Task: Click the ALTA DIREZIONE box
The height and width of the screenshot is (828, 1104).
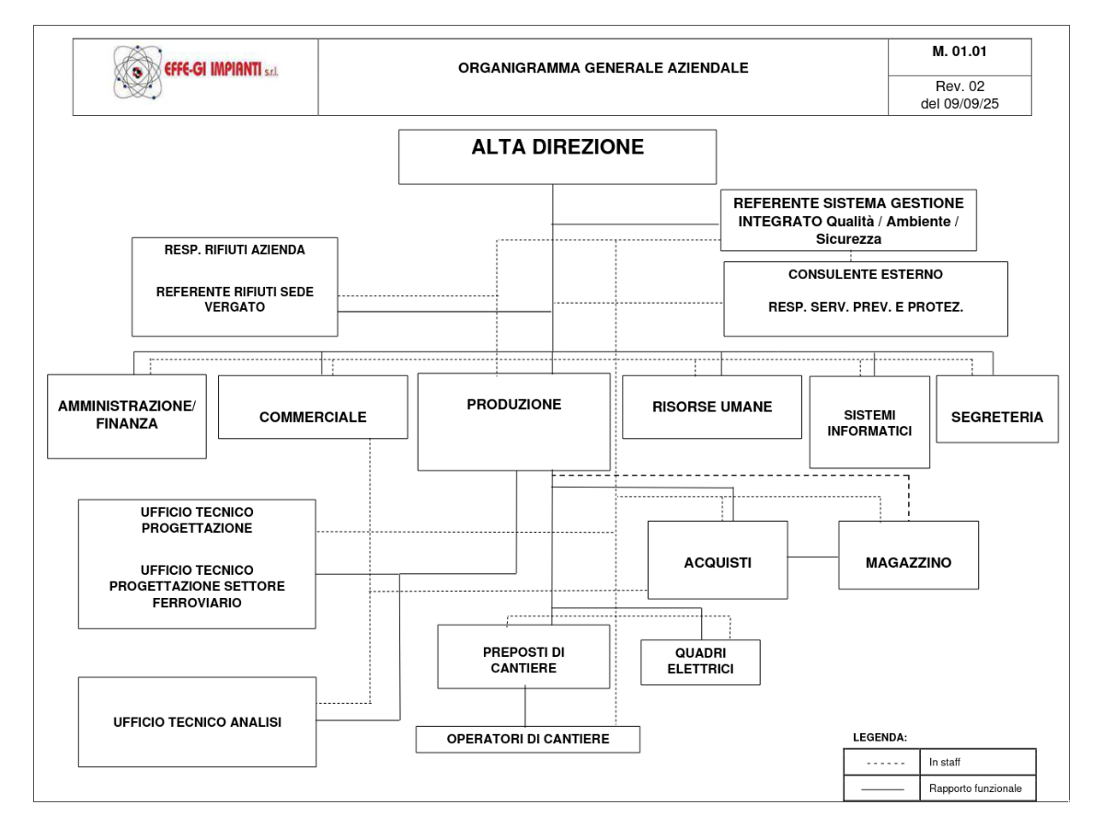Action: click(557, 156)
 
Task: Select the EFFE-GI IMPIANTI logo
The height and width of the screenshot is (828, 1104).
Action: click(195, 72)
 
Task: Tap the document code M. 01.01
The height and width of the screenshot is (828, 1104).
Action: click(960, 52)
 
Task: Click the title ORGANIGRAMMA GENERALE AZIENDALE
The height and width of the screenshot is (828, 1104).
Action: click(603, 68)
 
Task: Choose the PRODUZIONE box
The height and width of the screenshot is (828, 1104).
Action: click(513, 421)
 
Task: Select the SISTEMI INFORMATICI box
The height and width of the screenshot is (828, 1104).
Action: click(869, 422)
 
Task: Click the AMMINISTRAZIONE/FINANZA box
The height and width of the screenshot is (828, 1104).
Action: click(127, 416)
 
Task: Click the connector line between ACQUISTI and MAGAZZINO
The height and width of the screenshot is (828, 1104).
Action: click(812, 558)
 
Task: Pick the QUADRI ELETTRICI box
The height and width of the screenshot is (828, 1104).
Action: click(700, 662)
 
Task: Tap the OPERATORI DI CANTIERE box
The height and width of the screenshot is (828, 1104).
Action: click(527, 740)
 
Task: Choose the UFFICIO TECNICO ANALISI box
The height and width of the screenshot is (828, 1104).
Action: click(197, 722)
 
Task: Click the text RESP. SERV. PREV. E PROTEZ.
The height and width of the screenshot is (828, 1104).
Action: click(865, 308)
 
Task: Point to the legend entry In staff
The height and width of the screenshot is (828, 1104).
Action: click(944, 762)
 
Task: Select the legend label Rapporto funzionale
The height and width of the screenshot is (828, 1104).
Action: click(975, 788)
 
